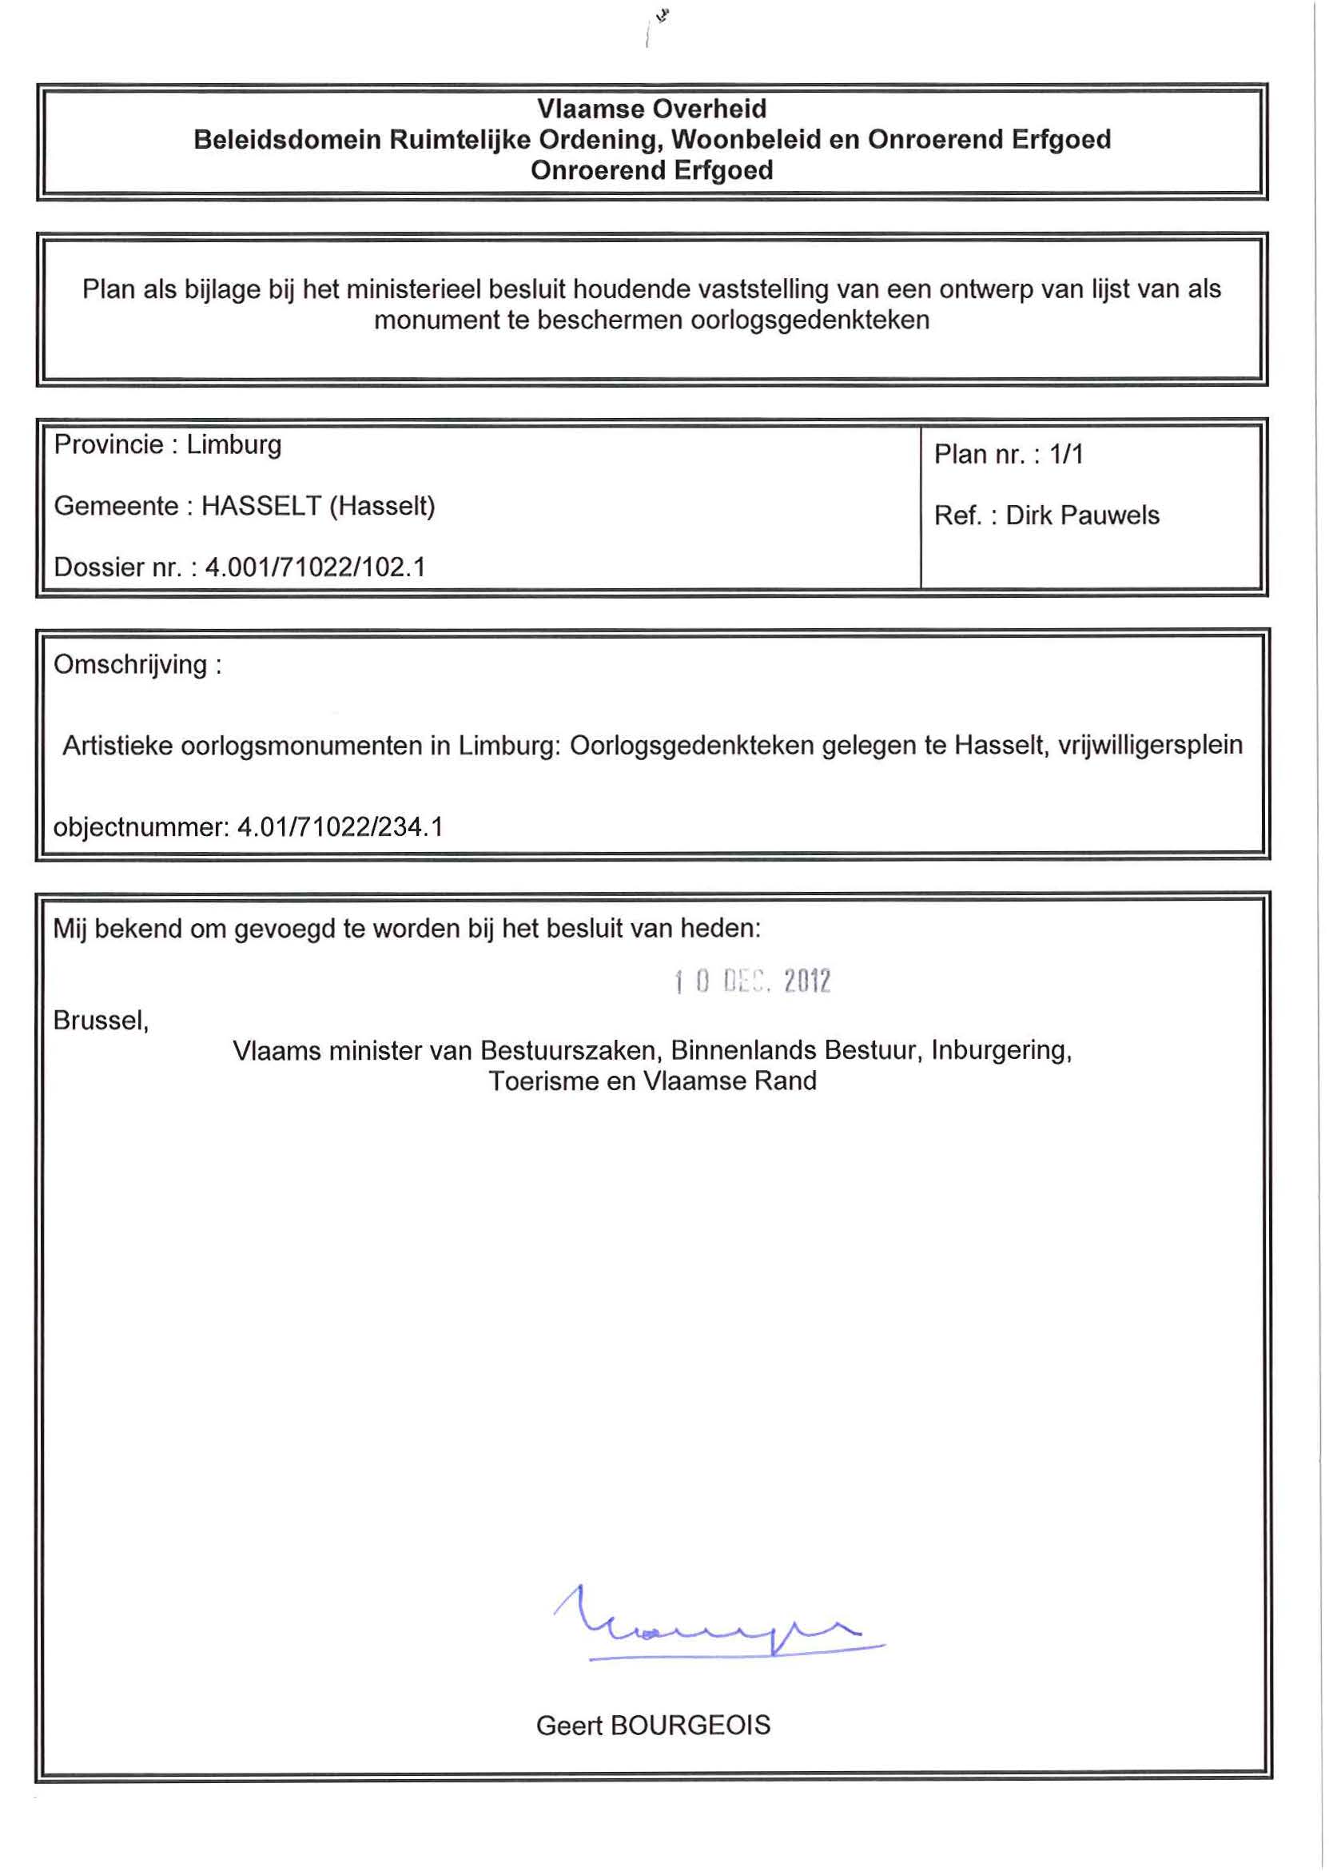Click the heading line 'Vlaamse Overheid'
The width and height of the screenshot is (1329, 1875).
click(651, 109)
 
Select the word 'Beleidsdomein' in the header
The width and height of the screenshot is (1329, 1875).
click(287, 140)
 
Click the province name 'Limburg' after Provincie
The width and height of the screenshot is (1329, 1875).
click(233, 445)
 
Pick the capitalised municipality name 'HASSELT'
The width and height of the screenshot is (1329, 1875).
click(261, 507)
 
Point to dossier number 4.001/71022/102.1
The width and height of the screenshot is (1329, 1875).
click(315, 567)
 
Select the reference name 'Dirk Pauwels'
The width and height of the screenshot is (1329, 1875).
click(1082, 516)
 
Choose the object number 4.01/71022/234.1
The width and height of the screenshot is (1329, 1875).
click(340, 827)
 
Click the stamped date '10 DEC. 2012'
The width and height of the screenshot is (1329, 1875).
click(752, 981)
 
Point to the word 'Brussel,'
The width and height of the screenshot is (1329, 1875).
click(101, 1021)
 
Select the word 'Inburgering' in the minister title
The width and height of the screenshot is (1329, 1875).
click(1000, 1051)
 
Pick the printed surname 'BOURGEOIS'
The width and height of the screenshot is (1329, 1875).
click(690, 1726)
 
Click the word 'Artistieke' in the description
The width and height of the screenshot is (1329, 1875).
click(117, 746)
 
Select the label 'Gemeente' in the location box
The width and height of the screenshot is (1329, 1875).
click(115, 507)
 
